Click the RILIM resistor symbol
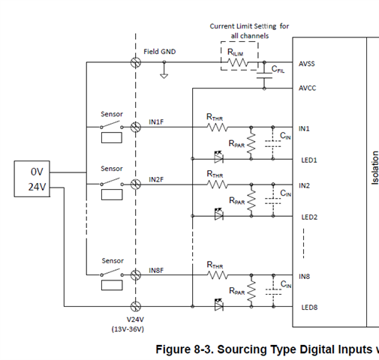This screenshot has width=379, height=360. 238,62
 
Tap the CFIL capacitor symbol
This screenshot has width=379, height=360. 264,76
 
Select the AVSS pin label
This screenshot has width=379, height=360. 307,64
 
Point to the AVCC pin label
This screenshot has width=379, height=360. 307,88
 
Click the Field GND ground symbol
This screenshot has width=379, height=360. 164,76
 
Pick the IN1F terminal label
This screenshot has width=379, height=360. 156,121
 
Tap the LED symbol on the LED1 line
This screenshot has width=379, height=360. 219,157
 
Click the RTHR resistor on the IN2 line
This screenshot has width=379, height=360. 217,184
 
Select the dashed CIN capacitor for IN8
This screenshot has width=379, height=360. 273,292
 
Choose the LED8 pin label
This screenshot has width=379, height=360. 309,307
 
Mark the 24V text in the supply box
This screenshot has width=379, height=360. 37,187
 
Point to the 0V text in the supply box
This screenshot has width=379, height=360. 37,172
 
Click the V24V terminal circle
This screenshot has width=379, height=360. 136,306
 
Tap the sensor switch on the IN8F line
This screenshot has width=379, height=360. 112,273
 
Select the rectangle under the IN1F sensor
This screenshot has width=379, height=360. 112,138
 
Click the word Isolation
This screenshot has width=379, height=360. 374,168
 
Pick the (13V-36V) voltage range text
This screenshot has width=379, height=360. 128,329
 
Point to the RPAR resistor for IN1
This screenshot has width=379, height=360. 251,143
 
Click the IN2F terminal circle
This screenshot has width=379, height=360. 136,184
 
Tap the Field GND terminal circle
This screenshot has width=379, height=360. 136,62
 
